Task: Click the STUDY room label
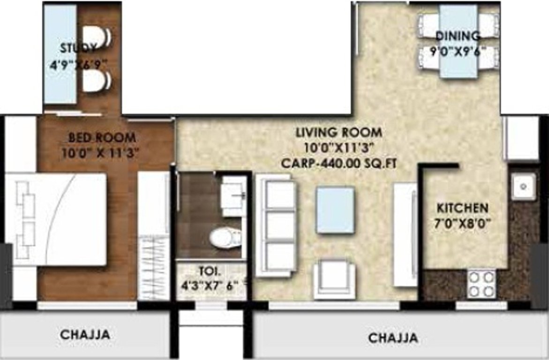click(x=78, y=48)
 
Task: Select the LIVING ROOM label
click(x=338, y=133)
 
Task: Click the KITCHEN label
click(x=462, y=207)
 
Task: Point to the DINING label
click(x=458, y=36)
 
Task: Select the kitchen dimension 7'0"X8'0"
click(x=462, y=223)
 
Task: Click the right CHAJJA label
click(x=393, y=338)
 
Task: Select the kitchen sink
click(x=523, y=186)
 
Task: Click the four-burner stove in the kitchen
click(x=481, y=284)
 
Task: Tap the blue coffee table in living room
click(x=335, y=210)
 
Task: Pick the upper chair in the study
click(x=97, y=37)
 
